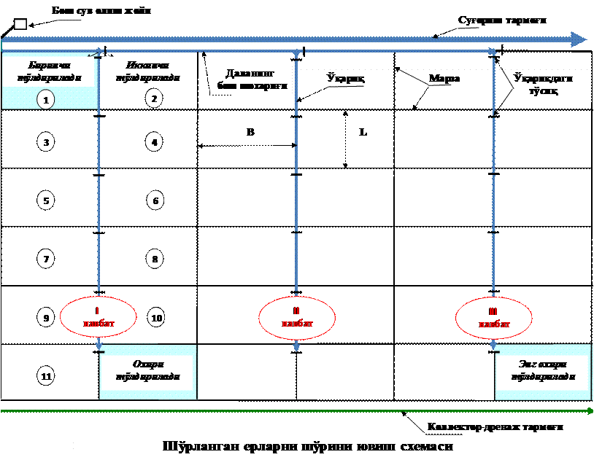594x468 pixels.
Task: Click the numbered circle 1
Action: [x=46, y=100]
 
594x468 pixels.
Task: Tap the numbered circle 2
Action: [x=153, y=98]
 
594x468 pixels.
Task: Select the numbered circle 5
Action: [x=46, y=200]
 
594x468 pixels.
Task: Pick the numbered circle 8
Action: [x=154, y=258]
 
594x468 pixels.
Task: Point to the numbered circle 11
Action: [x=46, y=376]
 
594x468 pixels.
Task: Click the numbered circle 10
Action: [x=155, y=318]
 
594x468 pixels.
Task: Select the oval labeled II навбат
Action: [x=297, y=317]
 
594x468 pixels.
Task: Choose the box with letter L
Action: [x=363, y=132]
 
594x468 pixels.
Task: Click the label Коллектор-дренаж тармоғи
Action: [x=495, y=425]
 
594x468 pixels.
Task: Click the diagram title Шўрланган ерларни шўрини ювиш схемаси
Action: [x=307, y=445]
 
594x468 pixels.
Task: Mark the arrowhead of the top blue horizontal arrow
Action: [x=579, y=39]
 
